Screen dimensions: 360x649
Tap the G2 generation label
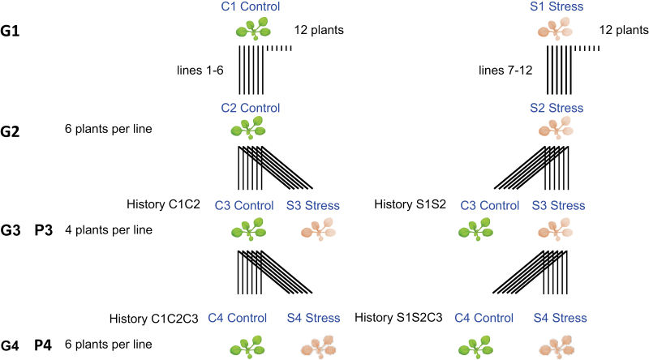[13, 129]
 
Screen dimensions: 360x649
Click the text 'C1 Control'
[251, 7]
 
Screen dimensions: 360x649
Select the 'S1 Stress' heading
[555, 7]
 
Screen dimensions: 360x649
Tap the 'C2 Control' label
[251, 108]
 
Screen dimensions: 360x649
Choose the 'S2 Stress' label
[555, 108]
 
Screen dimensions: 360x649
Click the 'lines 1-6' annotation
[200, 71]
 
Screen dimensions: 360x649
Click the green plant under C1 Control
[251, 31]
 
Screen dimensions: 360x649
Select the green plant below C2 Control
[251, 130]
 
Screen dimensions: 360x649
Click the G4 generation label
[13, 345]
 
